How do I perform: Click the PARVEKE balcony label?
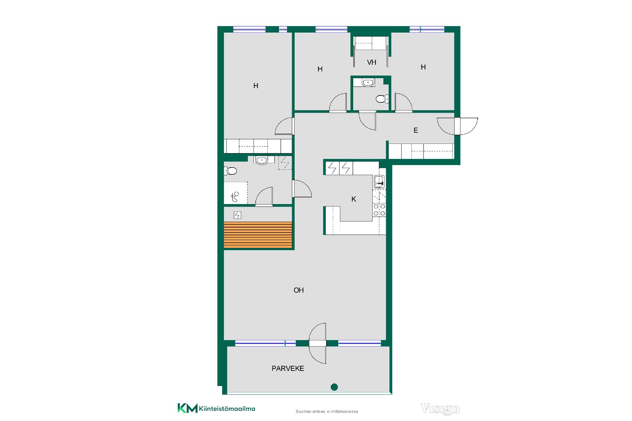(288, 369)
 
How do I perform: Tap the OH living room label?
(299, 290)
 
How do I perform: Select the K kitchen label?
(354, 199)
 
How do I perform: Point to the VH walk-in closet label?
(372, 62)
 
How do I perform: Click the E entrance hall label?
(416, 130)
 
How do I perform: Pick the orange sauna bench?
(258, 235)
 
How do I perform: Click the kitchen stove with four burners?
(379, 210)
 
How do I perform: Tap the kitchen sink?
(379, 182)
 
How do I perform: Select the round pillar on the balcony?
(334, 387)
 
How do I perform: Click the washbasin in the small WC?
(368, 83)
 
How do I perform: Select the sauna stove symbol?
(237, 215)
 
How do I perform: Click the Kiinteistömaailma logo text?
(227, 409)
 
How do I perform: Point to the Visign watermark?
(440, 408)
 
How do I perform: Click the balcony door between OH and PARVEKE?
(318, 343)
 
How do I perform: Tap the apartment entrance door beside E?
(458, 126)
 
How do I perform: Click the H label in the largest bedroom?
(256, 86)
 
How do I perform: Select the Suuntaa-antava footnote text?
(327, 411)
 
